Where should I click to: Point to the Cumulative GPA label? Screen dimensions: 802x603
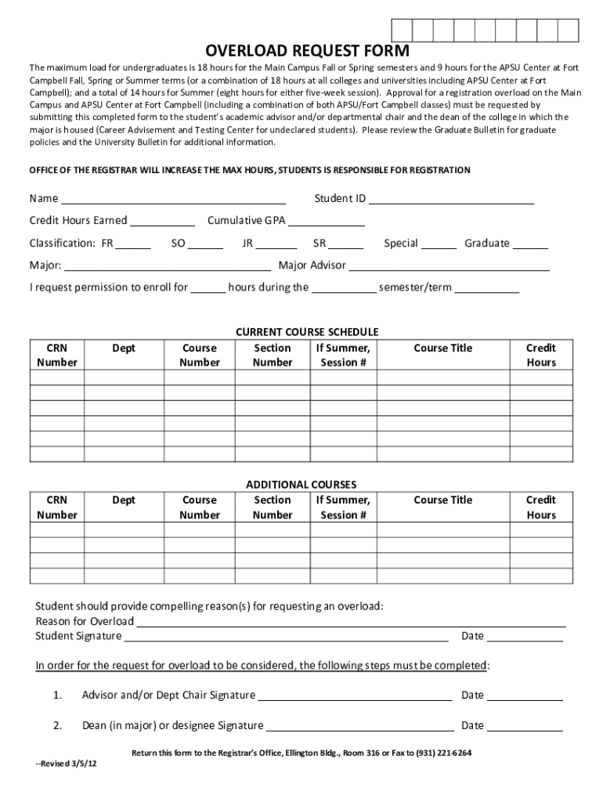pyautogui.click(x=246, y=221)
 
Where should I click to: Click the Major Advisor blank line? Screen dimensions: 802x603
pyautogui.click(x=449, y=266)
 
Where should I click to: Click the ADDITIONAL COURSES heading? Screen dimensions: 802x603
pyautogui.click(x=301, y=485)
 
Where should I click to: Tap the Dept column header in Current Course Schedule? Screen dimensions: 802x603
pyautogui.click(x=124, y=348)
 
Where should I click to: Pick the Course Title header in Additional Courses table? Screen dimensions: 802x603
pyautogui.click(x=442, y=500)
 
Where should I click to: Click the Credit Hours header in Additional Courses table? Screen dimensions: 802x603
pyautogui.click(x=540, y=508)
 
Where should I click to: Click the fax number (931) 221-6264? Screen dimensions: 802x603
pyautogui.click(x=444, y=753)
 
